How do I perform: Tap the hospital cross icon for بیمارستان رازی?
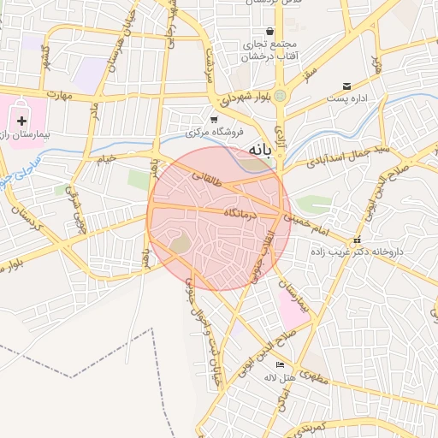(21, 121)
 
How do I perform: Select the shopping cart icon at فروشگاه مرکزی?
(214, 120)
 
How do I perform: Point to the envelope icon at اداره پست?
(346, 86)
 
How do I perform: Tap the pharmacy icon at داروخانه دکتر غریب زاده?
(357, 240)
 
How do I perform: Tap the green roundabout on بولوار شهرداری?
(279, 95)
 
